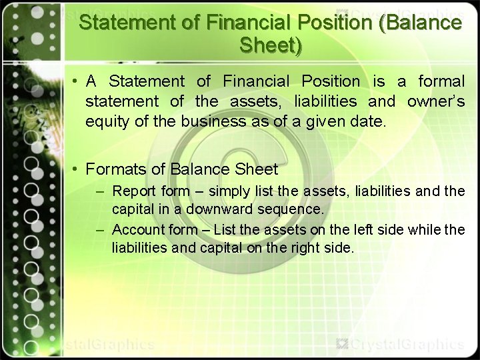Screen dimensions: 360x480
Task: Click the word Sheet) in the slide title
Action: pyautogui.click(x=270, y=46)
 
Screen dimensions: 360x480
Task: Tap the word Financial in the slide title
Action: pyautogui.click(x=248, y=23)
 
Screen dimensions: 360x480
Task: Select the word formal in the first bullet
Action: pyautogui.click(x=441, y=82)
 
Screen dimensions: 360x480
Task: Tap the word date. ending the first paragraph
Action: pyautogui.click(x=369, y=122)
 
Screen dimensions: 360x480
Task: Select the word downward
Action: pyautogui.click(x=219, y=209)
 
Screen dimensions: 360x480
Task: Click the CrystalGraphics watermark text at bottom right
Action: pyautogui.click(x=407, y=345)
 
